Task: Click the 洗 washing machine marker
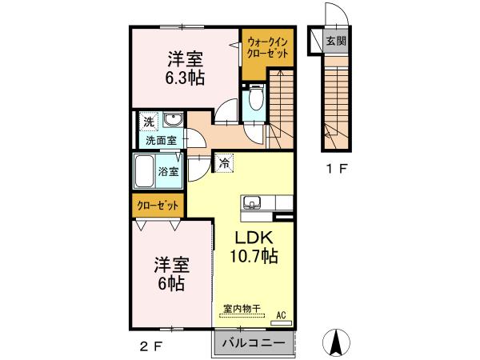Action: (149, 122)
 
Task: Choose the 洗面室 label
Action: (161, 140)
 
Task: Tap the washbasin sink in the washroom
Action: (174, 121)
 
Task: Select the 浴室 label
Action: (168, 171)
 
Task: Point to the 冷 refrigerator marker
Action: (224, 162)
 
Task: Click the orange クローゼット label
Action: (158, 205)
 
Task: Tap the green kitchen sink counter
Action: (254, 208)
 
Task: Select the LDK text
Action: (254, 238)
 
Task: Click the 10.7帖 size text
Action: (255, 257)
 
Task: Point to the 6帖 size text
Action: (172, 283)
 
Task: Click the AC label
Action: (280, 314)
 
